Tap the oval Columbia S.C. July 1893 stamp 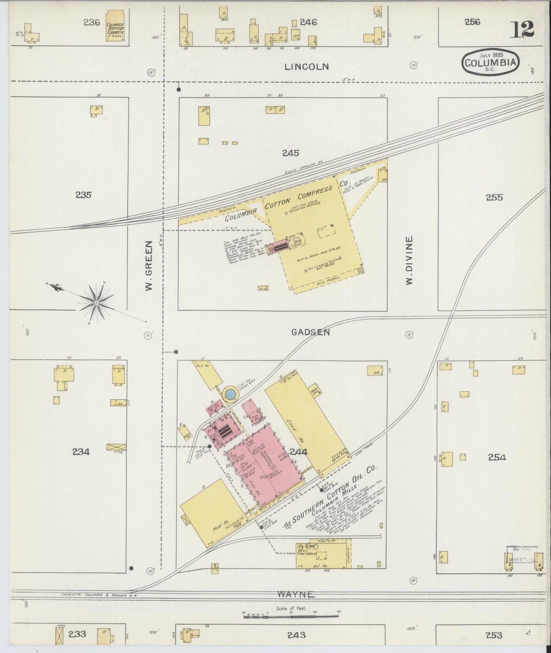tap(491, 62)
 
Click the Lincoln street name tap(306, 67)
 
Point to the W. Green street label tap(149, 266)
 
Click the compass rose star tap(96, 303)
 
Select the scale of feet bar tap(291, 614)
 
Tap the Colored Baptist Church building tap(115, 28)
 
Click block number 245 tap(291, 153)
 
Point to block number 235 tap(83, 195)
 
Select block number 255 tap(494, 197)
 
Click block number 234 tap(81, 452)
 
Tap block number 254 tap(496, 457)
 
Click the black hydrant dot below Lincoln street tap(178, 90)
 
